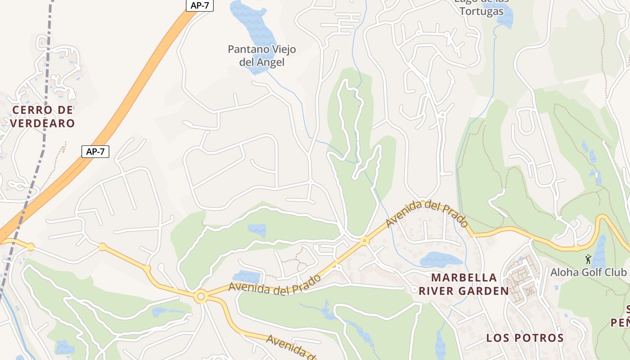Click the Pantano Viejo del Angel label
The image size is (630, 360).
click(x=262, y=55)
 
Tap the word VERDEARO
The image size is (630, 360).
click(x=42, y=123)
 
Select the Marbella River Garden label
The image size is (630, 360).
click(x=464, y=284)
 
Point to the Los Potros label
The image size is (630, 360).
click(x=525, y=338)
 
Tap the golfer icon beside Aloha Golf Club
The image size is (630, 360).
click(x=588, y=259)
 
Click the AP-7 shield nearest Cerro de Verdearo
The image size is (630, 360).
click(x=95, y=152)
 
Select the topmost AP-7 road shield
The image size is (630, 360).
click(x=200, y=5)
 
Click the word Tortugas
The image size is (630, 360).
click(x=481, y=12)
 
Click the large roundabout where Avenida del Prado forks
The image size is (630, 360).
click(x=201, y=297)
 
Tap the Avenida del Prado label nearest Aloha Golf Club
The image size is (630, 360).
click(x=426, y=214)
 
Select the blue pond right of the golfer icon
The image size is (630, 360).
click(x=599, y=252)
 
